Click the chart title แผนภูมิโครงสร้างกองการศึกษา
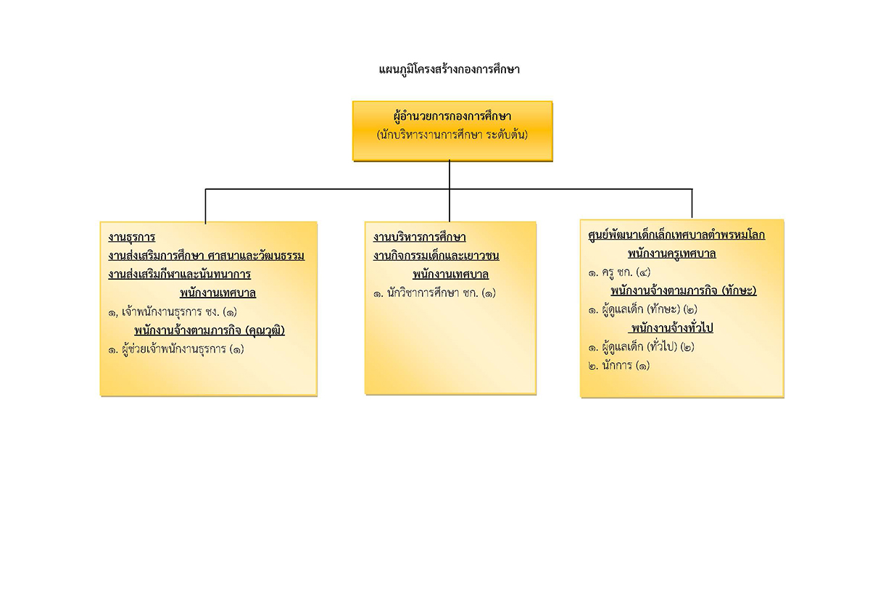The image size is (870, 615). (x=449, y=70)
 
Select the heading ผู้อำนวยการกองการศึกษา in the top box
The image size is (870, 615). (x=452, y=117)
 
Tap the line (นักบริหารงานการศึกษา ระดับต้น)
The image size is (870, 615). (x=452, y=135)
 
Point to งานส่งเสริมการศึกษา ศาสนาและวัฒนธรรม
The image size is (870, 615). (x=206, y=256)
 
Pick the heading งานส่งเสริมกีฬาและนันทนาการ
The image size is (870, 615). (x=180, y=275)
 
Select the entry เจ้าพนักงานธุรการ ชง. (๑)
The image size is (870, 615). (x=173, y=312)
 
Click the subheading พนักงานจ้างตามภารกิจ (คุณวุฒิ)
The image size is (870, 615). (x=210, y=330)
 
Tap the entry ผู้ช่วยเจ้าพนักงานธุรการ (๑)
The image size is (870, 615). (x=176, y=349)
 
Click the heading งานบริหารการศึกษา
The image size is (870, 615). (x=420, y=237)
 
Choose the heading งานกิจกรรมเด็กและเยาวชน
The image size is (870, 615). (x=436, y=256)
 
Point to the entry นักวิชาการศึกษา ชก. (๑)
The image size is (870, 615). (x=434, y=293)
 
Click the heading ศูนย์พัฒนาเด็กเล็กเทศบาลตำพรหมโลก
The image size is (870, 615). (x=676, y=235)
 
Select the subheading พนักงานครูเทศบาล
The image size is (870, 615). (x=672, y=254)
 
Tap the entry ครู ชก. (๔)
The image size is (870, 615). (x=619, y=272)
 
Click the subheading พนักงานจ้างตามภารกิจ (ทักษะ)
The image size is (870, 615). (x=684, y=290)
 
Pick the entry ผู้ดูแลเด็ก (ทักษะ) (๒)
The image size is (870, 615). (x=642, y=309)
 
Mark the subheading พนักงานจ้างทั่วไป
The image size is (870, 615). (x=671, y=328)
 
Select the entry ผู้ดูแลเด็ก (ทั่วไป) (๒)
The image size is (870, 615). (x=641, y=346)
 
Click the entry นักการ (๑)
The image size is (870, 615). (x=618, y=365)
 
